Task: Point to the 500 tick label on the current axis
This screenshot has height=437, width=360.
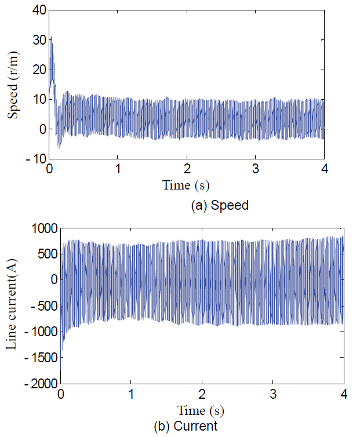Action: coord(45,254)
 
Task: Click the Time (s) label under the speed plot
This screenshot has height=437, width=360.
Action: coord(186,185)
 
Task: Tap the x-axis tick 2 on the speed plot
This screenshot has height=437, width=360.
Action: coord(187,169)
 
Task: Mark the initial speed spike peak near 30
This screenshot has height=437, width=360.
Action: coord(51,37)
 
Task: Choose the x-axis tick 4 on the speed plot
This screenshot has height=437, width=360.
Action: coord(324,169)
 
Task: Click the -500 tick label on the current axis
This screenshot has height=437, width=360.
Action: coord(43,306)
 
